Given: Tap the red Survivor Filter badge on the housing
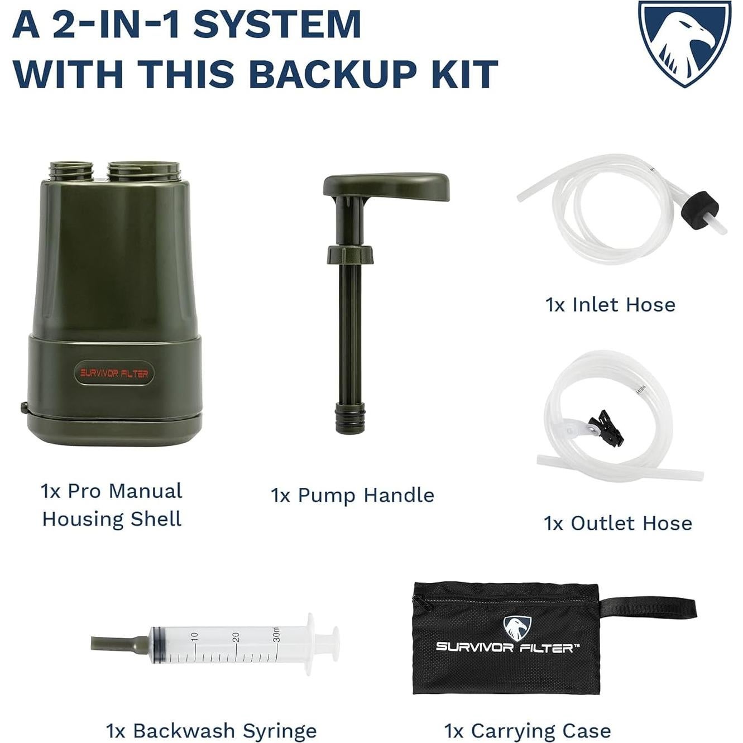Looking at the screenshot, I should click(x=114, y=373).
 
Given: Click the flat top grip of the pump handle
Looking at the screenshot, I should click(x=387, y=185).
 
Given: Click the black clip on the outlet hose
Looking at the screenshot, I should click(x=607, y=427).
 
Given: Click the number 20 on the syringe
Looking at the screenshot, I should click(x=236, y=636).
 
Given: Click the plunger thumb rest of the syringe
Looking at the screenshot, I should click(x=334, y=644).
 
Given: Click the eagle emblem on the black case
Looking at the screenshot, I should click(x=517, y=628).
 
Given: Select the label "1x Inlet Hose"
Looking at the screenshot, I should click(x=610, y=305).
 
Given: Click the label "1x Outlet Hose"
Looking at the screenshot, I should click(x=618, y=523).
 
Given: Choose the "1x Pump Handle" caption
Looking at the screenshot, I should click(x=352, y=495).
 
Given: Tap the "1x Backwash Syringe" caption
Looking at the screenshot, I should click(x=211, y=730).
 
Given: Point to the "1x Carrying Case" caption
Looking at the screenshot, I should click(x=528, y=730).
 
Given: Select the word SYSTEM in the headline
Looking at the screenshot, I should click(x=277, y=25).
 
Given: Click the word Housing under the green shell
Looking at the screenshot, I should click(x=83, y=519).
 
